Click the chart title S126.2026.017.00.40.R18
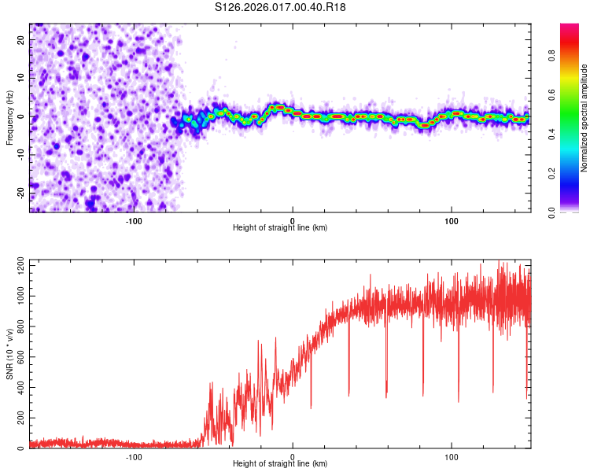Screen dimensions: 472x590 point(280,7)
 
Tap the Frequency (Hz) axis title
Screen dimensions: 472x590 point(9,116)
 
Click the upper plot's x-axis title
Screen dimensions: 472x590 point(280,227)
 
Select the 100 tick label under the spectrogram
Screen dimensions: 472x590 point(452,220)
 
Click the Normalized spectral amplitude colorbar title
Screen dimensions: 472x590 point(584,118)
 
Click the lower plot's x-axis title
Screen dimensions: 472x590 point(280,464)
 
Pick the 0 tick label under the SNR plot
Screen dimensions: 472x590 point(293,456)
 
